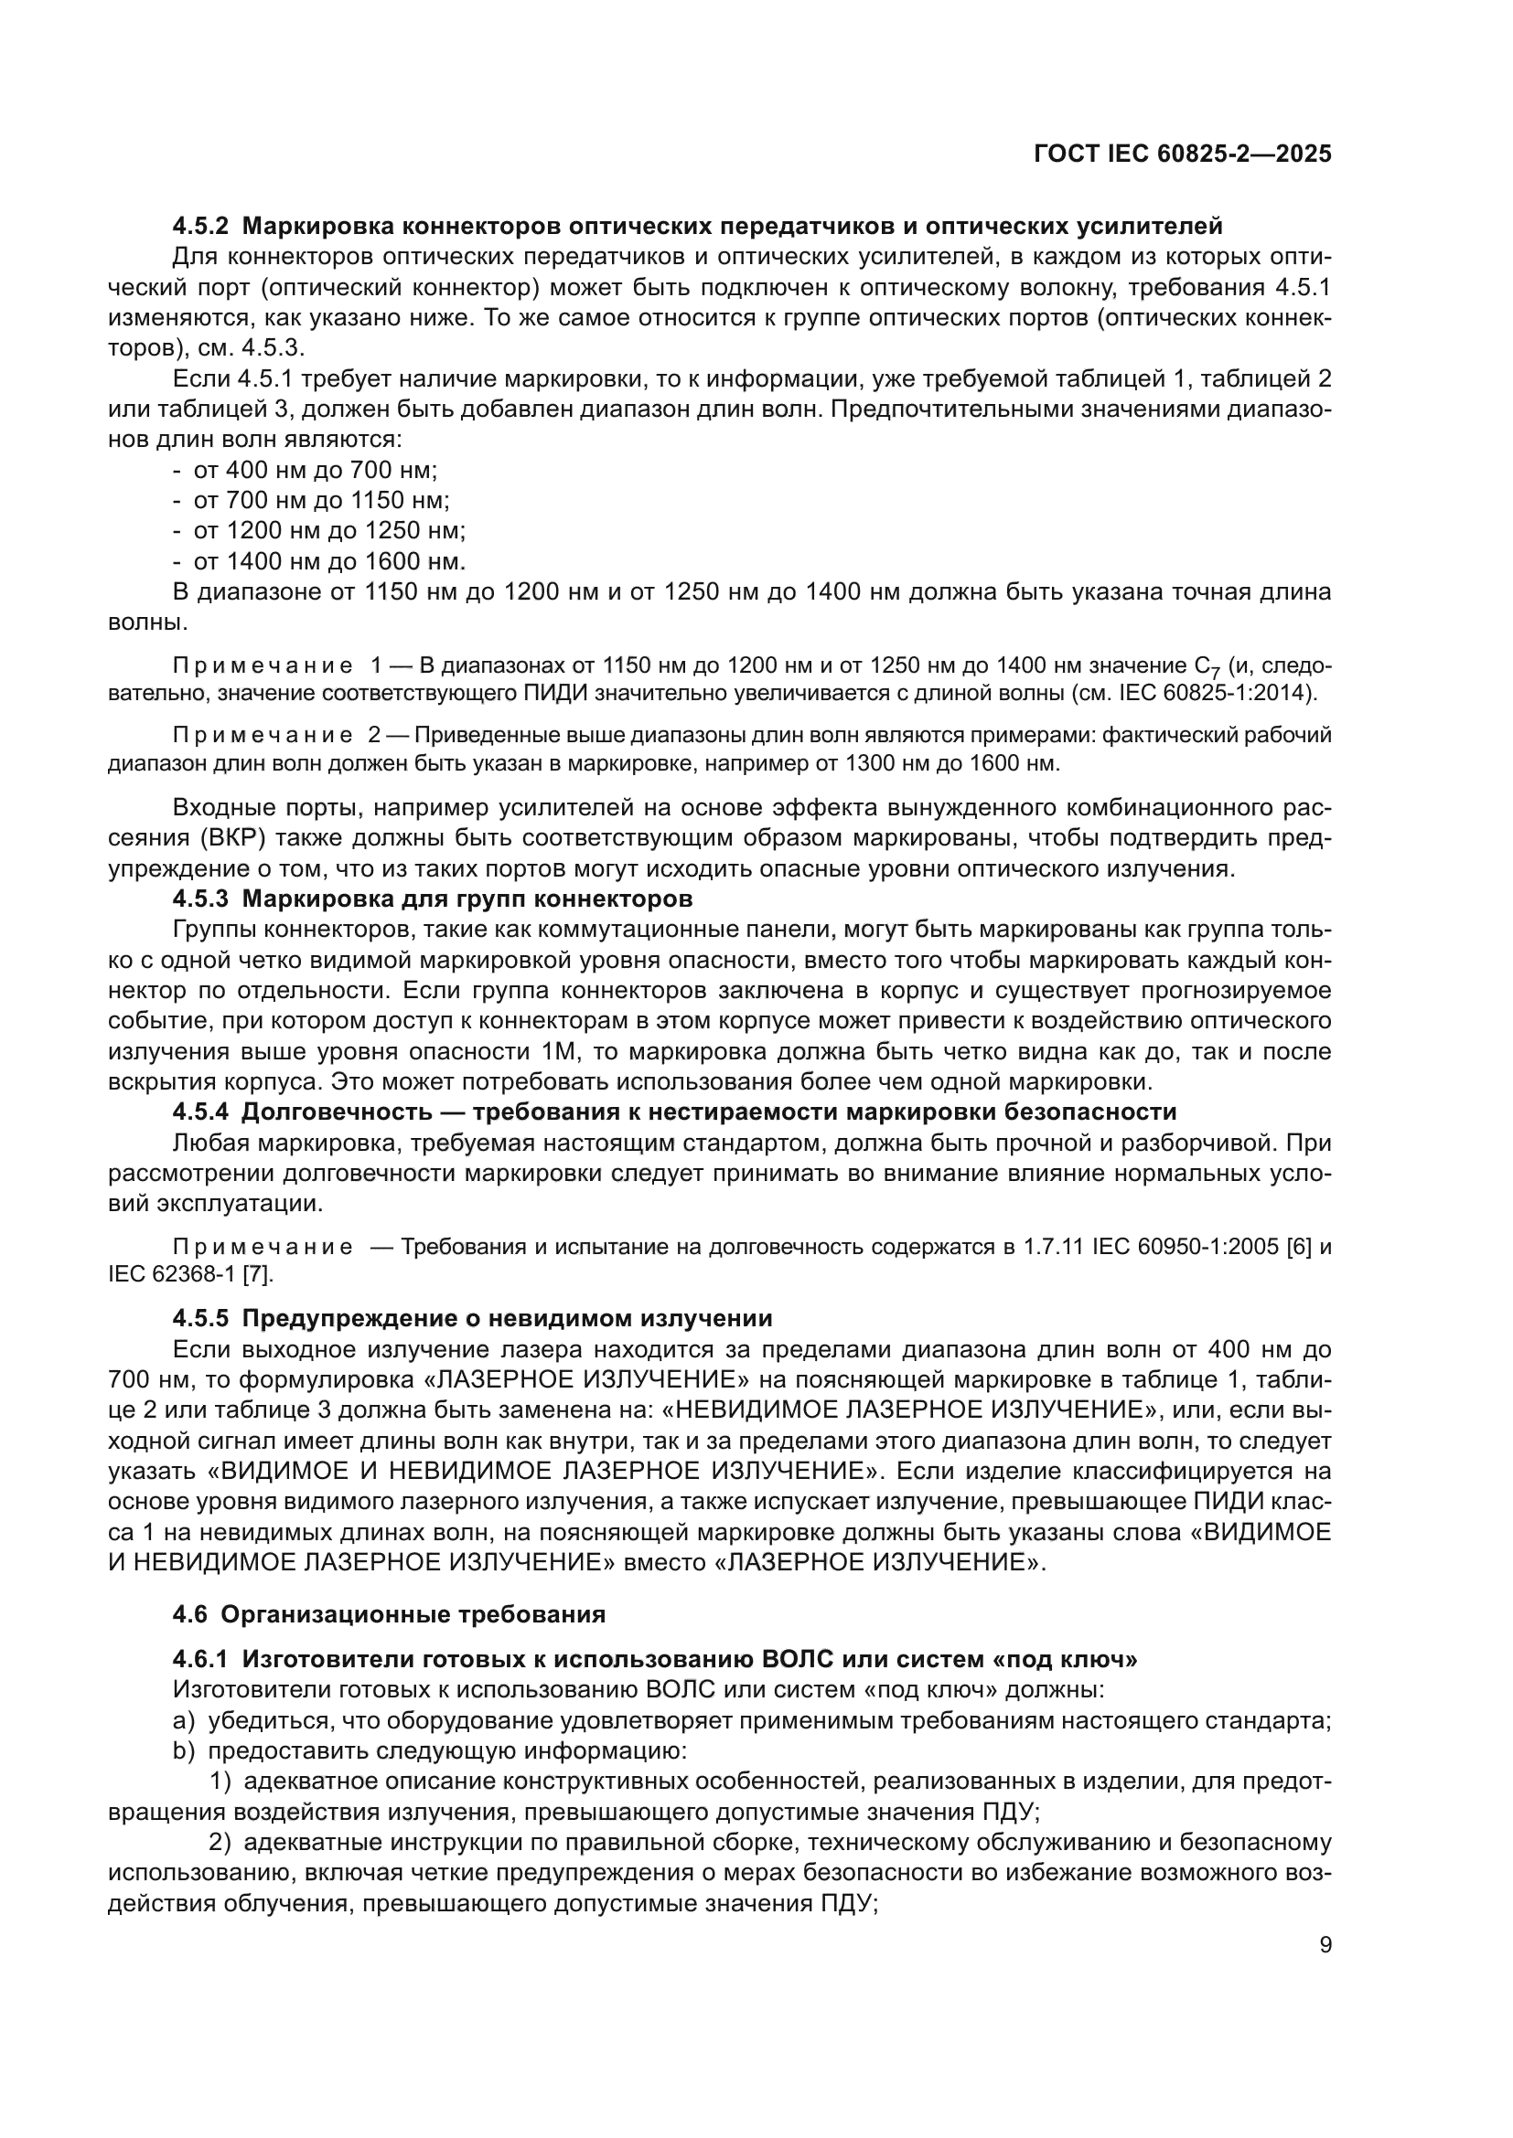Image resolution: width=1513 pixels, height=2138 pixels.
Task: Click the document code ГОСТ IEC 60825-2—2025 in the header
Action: [1182, 154]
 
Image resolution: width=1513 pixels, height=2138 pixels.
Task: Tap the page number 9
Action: [1325, 1944]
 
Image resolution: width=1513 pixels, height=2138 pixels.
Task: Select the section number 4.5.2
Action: [200, 226]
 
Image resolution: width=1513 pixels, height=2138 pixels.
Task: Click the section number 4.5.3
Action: [200, 899]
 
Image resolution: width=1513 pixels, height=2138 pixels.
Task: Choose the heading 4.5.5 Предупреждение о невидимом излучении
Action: [472, 1318]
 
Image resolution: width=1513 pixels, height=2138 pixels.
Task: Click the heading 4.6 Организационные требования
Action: [390, 1613]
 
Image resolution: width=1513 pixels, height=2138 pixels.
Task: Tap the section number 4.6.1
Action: [200, 1659]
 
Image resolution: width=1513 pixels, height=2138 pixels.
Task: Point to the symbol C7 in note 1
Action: [1207, 666]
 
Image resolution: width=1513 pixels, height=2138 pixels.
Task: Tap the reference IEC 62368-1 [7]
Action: [191, 1273]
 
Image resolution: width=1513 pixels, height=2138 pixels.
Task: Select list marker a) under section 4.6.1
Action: [184, 1720]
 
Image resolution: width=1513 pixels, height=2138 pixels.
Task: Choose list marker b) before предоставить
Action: [184, 1750]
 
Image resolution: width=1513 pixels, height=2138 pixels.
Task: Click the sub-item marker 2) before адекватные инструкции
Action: [220, 1842]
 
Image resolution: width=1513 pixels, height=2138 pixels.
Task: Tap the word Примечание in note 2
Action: [263, 735]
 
